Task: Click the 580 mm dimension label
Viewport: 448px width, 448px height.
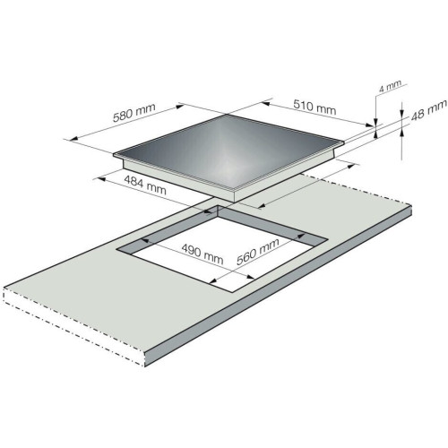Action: pyautogui.click(x=134, y=112)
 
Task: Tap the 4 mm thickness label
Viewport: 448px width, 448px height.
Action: pyautogui.click(x=390, y=86)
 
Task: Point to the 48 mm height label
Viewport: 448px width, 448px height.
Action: pyautogui.click(x=429, y=110)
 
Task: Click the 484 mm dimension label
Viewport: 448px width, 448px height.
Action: pyautogui.click(x=145, y=185)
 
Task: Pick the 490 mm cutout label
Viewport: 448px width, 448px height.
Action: pyautogui.click(x=202, y=254)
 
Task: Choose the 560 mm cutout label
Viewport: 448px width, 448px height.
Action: pyautogui.click(x=257, y=252)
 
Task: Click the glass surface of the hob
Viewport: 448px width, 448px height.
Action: pyautogui.click(x=228, y=151)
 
